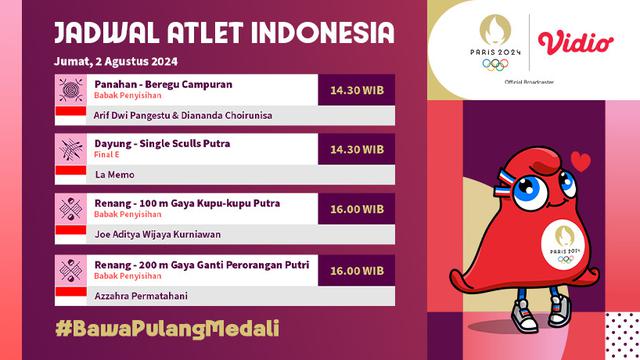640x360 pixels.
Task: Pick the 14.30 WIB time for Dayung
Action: [x=357, y=149]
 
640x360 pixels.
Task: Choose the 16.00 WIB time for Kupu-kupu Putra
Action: [x=357, y=210]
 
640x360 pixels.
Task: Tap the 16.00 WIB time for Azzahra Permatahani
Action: [x=357, y=269]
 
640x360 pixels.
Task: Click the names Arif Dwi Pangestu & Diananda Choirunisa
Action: [x=183, y=115]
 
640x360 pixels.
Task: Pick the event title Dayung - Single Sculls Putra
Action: [x=163, y=144]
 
